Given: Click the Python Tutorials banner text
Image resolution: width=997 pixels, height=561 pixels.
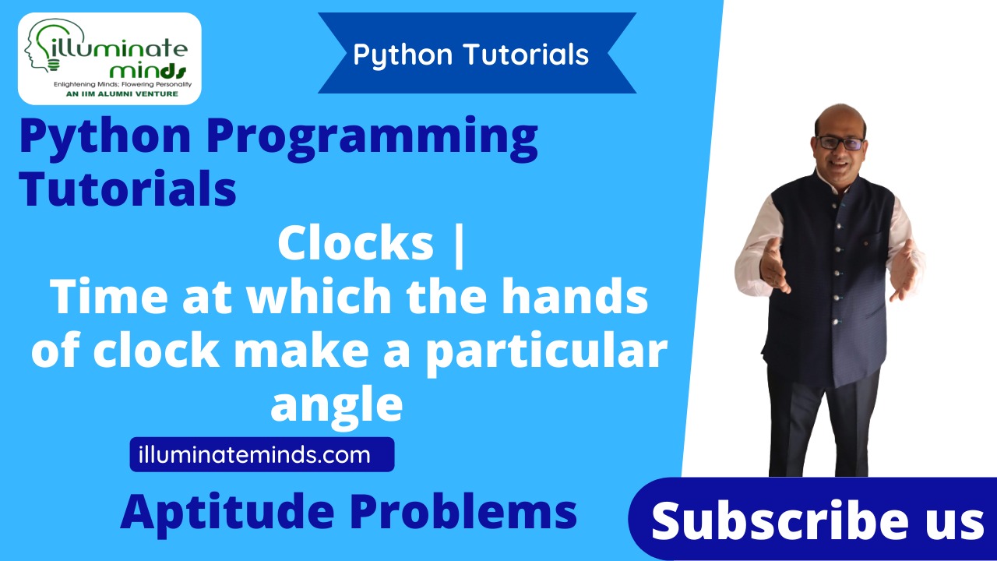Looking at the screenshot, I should point(470,55).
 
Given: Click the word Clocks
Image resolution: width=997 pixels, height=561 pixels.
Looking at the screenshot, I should point(355,244).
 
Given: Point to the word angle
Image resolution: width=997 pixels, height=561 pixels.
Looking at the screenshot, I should point(336,404).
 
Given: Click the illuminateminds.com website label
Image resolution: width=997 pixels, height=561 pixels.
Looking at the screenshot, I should point(254,454).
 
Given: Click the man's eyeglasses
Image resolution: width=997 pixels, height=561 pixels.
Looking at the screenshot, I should point(840,143).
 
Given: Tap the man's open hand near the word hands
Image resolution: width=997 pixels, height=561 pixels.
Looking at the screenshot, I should point(774,265).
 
